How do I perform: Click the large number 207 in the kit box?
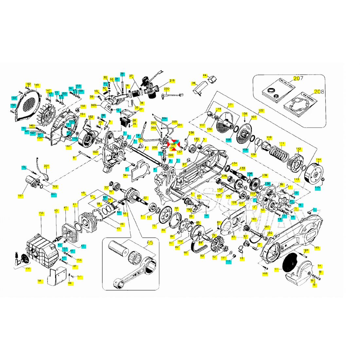[x=298, y=79]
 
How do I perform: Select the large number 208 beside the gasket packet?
[x=319, y=92]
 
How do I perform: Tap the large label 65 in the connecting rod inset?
[x=150, y=243]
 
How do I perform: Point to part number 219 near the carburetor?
[x=172, y=81]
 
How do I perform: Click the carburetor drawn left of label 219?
[x=150, y=88]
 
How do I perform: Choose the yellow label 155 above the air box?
[x=41, y=213]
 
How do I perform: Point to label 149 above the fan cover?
[x=36, y=85]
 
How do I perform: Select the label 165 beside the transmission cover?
[x=316, y=248]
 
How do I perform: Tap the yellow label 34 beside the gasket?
[x=125, y=176]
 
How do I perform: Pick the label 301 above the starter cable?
[x=46, y=166]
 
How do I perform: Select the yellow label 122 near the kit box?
[x=261, y=110]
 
